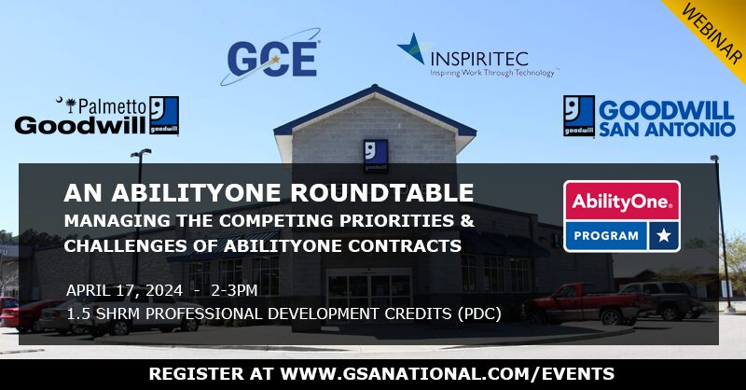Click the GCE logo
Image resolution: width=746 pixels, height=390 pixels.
(270, 57)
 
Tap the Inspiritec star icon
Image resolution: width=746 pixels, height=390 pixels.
(411, 49)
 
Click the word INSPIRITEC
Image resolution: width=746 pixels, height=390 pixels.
(479, 59)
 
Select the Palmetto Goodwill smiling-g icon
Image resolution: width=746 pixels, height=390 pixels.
(164, 116)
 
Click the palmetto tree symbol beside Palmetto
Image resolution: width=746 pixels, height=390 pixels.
(72, 105)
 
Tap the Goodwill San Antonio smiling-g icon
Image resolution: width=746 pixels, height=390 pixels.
(579, 116)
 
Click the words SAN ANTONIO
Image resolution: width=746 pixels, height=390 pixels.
(667, 129)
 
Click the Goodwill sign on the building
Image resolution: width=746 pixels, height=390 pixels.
(376, 155)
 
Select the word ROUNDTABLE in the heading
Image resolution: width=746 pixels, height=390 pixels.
(381, 193)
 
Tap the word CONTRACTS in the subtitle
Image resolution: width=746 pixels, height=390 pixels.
(405, 245)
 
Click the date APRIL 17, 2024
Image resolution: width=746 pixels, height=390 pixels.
(124, 290)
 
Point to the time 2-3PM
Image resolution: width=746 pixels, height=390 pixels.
(234, 290)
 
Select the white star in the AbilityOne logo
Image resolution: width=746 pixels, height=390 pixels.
(663, 235)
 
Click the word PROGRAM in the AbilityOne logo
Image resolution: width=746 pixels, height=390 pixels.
(606, 236)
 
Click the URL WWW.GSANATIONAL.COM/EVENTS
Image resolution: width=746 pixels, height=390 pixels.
(448, 374)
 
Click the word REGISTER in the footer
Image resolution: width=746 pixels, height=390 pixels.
(196, 374)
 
